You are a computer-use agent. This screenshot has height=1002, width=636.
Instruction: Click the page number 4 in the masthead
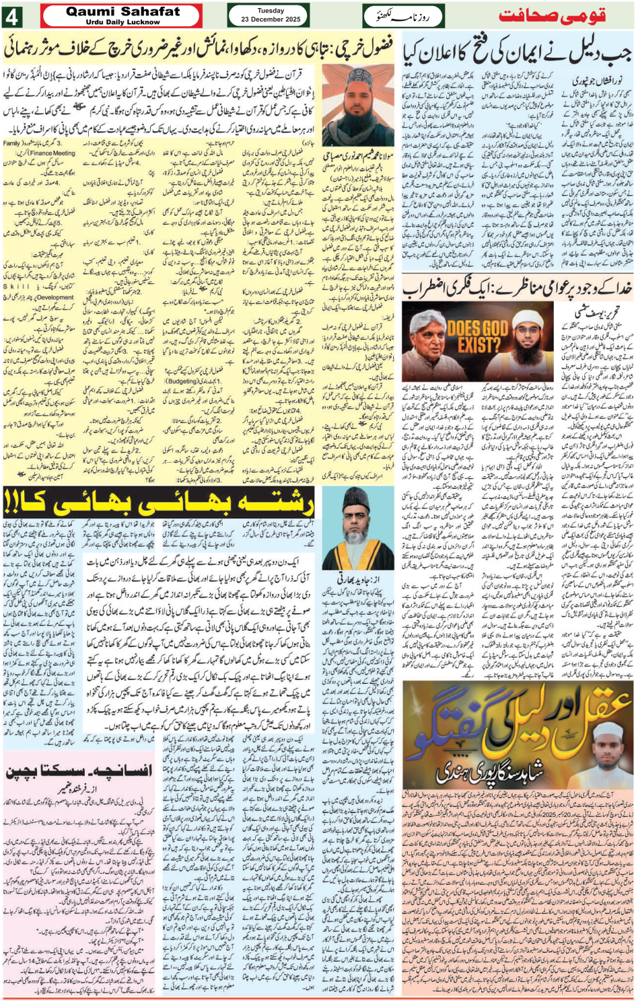coord(15,15)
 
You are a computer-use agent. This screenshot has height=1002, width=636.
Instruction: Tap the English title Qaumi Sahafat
coord(123,11)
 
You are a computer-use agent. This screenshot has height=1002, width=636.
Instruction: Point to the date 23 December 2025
coord(270,20)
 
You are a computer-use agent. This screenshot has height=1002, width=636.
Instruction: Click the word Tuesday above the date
coord(270,11)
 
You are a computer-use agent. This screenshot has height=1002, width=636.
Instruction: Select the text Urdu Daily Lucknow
coord(123,22)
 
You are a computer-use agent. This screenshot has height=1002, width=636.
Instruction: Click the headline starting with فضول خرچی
coord(199,49)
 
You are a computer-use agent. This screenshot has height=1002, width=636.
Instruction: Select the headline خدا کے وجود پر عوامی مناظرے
coord(518,288)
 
